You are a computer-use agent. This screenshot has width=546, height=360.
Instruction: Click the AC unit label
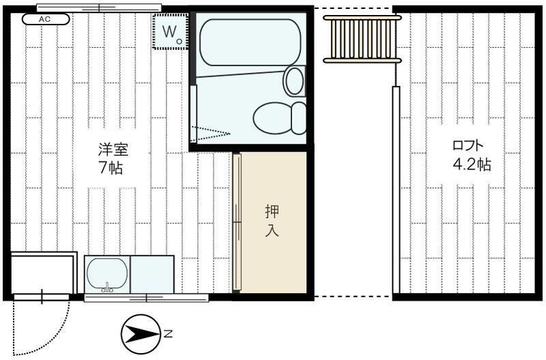[x=45, y=19]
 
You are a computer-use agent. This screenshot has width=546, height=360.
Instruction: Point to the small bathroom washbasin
[x=294, y=81]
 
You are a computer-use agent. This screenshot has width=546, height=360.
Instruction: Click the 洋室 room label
[x=113, y=150]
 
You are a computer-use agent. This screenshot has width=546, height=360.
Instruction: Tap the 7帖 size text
[x=111, y=168]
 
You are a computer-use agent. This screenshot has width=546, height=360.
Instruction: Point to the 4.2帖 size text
[x=471, y=165]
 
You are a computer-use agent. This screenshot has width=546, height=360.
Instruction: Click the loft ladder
[x=361, y=39]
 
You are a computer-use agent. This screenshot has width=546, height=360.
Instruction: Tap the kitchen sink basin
[x=107, y=274]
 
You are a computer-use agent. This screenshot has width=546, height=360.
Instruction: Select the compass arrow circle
[x=139, y=335]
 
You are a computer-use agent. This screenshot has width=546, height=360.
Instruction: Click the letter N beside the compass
[x=168, y=335]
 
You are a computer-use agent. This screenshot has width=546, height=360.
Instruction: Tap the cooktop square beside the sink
[x=152, y=274]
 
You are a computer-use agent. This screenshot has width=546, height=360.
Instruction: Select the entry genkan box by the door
[x=42, y=273]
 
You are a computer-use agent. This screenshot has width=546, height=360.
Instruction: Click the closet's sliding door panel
[x=236, y=223]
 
